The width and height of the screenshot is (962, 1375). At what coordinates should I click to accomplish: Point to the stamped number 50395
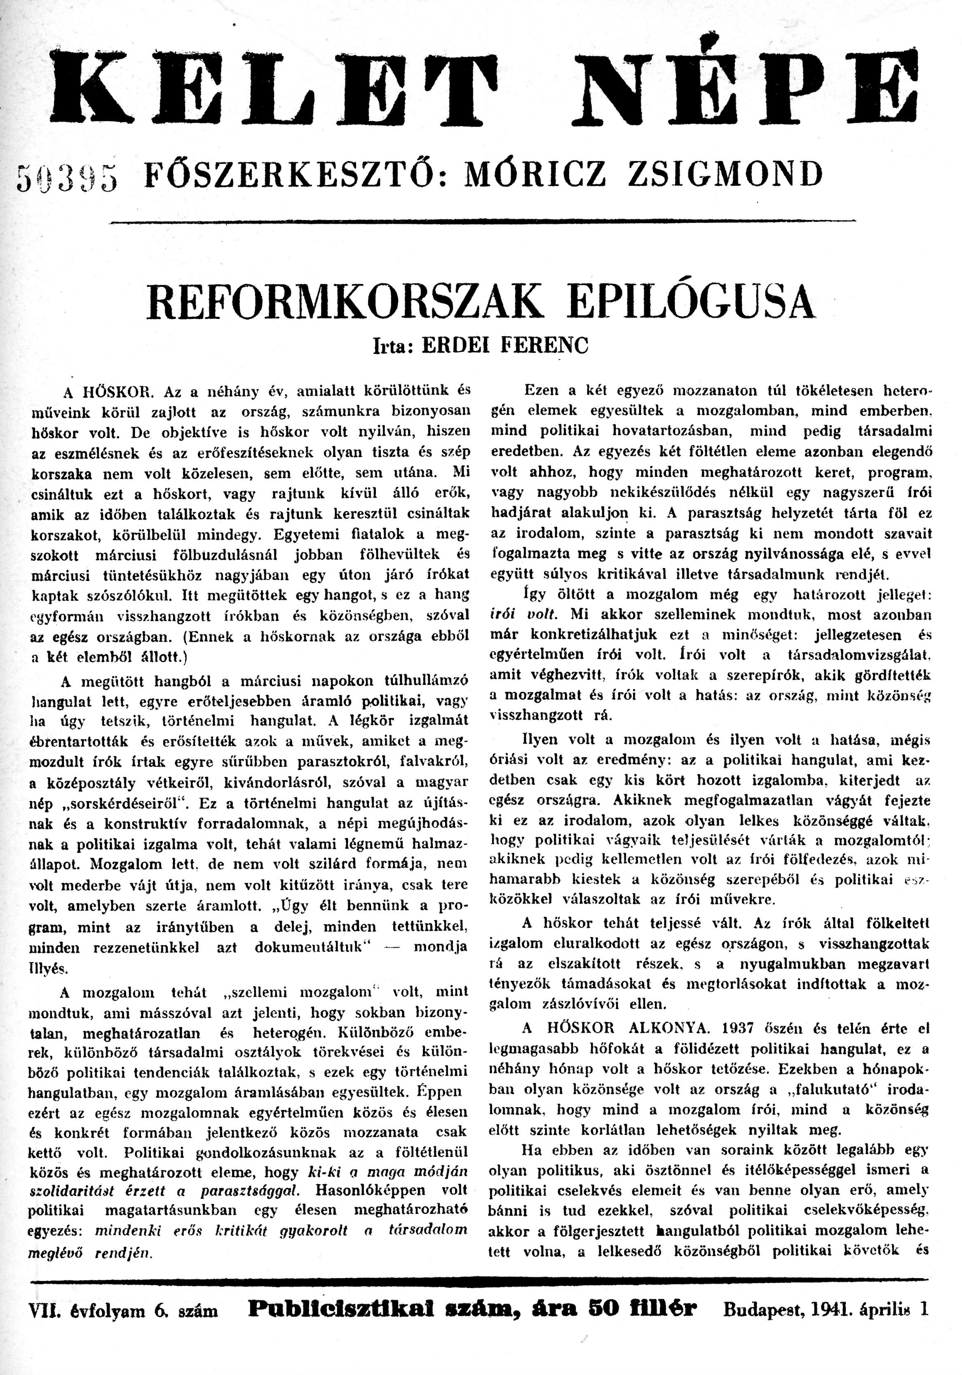point(67,178)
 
